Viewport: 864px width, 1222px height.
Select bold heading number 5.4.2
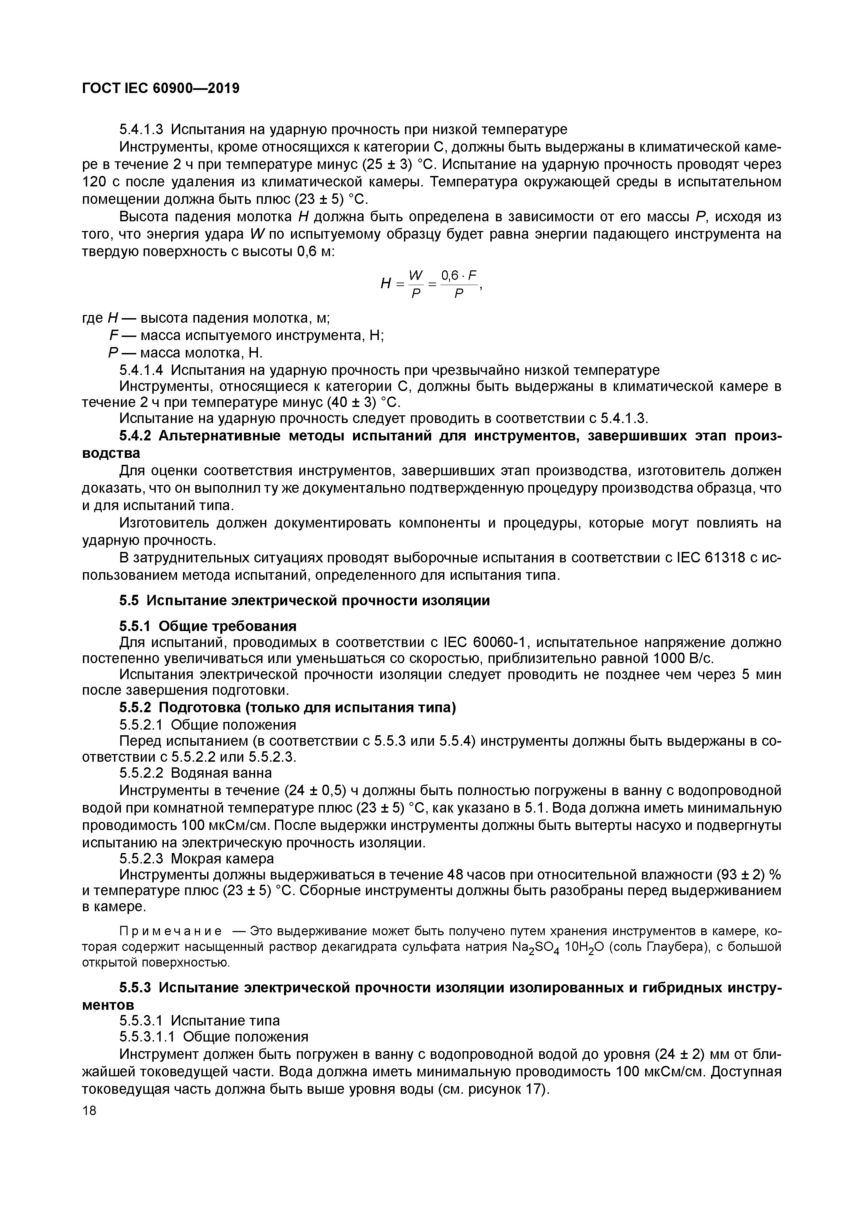tap(136, 435)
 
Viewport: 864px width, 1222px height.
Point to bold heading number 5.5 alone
tap(129, 600)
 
